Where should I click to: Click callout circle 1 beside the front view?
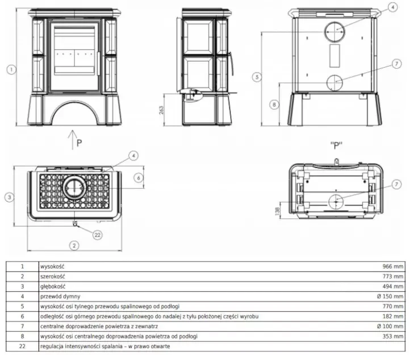point(11,70)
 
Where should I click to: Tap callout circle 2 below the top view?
point(74,245)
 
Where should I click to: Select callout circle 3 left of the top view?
point(10,197)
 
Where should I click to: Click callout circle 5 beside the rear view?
point(257,77)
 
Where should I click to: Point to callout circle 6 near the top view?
point(139,178)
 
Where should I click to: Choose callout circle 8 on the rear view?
point(274,105)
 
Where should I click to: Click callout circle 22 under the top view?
point(98,235)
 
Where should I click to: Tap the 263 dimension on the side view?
point(161,110)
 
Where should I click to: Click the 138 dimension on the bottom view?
point(277,211)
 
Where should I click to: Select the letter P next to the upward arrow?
point(80,143)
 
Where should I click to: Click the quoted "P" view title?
point(336,145)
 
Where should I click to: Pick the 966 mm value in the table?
point(393,266)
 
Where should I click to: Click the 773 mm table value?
point(393,276)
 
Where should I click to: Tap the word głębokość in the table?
point(53,287)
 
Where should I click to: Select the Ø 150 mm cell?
point(390,296)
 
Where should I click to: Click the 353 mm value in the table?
point(393,336)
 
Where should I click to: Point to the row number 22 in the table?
point(22,346)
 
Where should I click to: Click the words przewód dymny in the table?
point(60,296)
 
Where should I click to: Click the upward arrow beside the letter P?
point(73,140)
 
